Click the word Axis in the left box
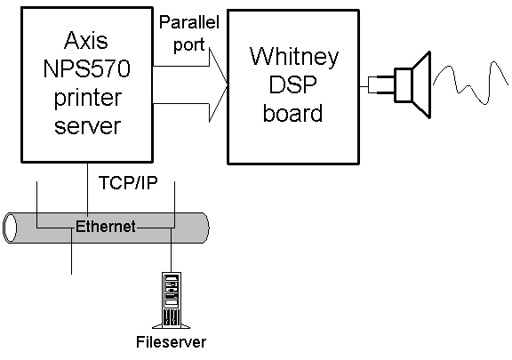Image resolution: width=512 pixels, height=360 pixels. (x=86, y=41)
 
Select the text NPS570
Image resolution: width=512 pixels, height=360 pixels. (x=87, y=68)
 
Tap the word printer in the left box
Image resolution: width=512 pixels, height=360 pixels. (x=88, y=98)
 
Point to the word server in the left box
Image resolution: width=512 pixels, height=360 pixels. (x=87, y=126)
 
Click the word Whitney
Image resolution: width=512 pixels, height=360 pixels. (x=294, y=57)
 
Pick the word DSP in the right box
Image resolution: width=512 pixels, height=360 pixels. (x=293, y=84)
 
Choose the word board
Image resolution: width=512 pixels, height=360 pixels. (x=292, y=113)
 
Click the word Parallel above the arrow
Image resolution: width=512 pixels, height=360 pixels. (x=189, y=22)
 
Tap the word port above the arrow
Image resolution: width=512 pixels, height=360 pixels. (x=188, y=44)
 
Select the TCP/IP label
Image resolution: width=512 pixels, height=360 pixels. (x=128, y=182)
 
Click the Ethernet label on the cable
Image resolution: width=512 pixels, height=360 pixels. (x=106, y=227)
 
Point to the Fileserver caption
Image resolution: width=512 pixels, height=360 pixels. (x=171, y=342)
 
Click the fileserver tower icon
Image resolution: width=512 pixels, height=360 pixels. (x=171, y=300)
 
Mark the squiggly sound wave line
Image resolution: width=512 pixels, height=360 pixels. (x=470, y=83)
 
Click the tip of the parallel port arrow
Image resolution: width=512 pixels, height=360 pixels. (x=228, y=85)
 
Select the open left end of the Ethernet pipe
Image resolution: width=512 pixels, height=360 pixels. (x=10, y=228)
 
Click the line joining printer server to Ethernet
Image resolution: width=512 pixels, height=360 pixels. (x=87, y=188)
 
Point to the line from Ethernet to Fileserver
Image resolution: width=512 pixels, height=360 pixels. (x=171, y=251)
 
